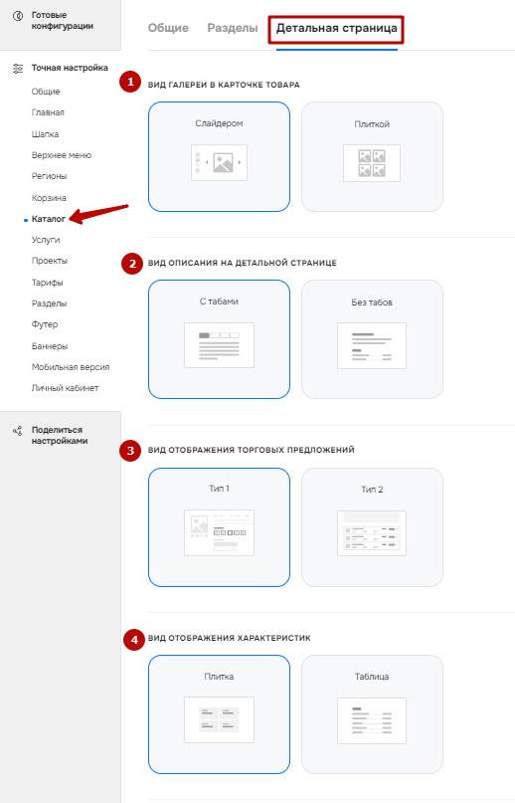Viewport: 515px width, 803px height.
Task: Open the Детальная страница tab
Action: (x=336, y=28)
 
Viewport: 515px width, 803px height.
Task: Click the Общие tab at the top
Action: (x=168, y=28)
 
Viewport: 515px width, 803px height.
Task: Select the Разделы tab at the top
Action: (x=233, y=28)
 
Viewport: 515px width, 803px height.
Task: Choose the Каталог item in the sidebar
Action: (x=49, y=219)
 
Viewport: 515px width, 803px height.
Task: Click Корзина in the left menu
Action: (x=49, y=198)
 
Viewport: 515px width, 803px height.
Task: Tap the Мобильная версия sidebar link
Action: (x=71, y=367)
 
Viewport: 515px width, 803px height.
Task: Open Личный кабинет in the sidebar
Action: (x=65, y=388)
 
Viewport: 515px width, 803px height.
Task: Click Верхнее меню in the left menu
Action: (x=62, y=155)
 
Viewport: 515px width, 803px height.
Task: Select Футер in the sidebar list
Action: (x=45, y=324)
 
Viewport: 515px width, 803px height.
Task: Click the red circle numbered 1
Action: (x=130, y=82)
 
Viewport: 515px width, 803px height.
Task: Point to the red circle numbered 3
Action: (x=130, y=451)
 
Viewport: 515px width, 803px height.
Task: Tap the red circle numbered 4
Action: (x=134, y=640)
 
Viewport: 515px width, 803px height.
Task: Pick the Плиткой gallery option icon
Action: (x=372, y=163)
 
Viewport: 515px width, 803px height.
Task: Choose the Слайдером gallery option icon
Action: (x=219, y=162)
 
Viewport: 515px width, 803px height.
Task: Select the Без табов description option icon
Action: (x=372, y=345)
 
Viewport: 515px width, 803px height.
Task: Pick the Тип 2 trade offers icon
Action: (x=372, y=533)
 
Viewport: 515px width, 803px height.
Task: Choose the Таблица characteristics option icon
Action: (x=372, y=720)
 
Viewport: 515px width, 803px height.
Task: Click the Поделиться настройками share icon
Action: (x=18, y=430)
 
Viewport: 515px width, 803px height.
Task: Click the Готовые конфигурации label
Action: (x=63, y=21)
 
